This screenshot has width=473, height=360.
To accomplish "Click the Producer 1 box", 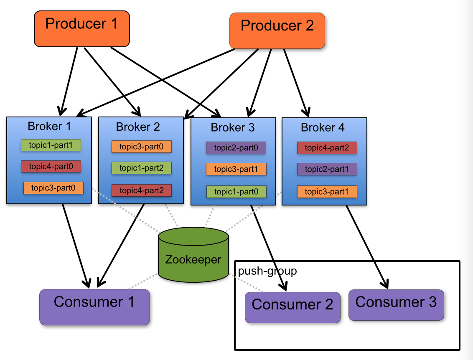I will [82, 28].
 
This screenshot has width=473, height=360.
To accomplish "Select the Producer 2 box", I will [277, 30].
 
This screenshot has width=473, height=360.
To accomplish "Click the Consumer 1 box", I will [94, 307].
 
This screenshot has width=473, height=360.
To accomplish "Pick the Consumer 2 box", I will [292, 307].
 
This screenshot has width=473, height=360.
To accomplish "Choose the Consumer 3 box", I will [396, 305].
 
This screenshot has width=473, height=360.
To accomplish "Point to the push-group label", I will [267, 271].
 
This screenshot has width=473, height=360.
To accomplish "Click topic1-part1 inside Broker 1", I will [51, 145].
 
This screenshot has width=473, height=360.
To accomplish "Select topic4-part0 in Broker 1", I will [51, 166].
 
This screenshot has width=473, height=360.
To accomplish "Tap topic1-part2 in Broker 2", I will [141, 168].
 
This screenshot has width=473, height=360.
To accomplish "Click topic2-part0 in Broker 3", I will [236, 147].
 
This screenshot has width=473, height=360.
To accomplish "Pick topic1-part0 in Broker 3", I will [236, 192].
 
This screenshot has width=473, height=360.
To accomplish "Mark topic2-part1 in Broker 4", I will [327, 169].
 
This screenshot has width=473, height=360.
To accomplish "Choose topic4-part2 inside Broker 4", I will [327, 147].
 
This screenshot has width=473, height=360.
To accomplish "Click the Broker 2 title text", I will [138, 127].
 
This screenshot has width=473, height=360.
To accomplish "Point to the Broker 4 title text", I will [323, 128].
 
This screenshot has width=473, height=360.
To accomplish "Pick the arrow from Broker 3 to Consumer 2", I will [269, 246].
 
